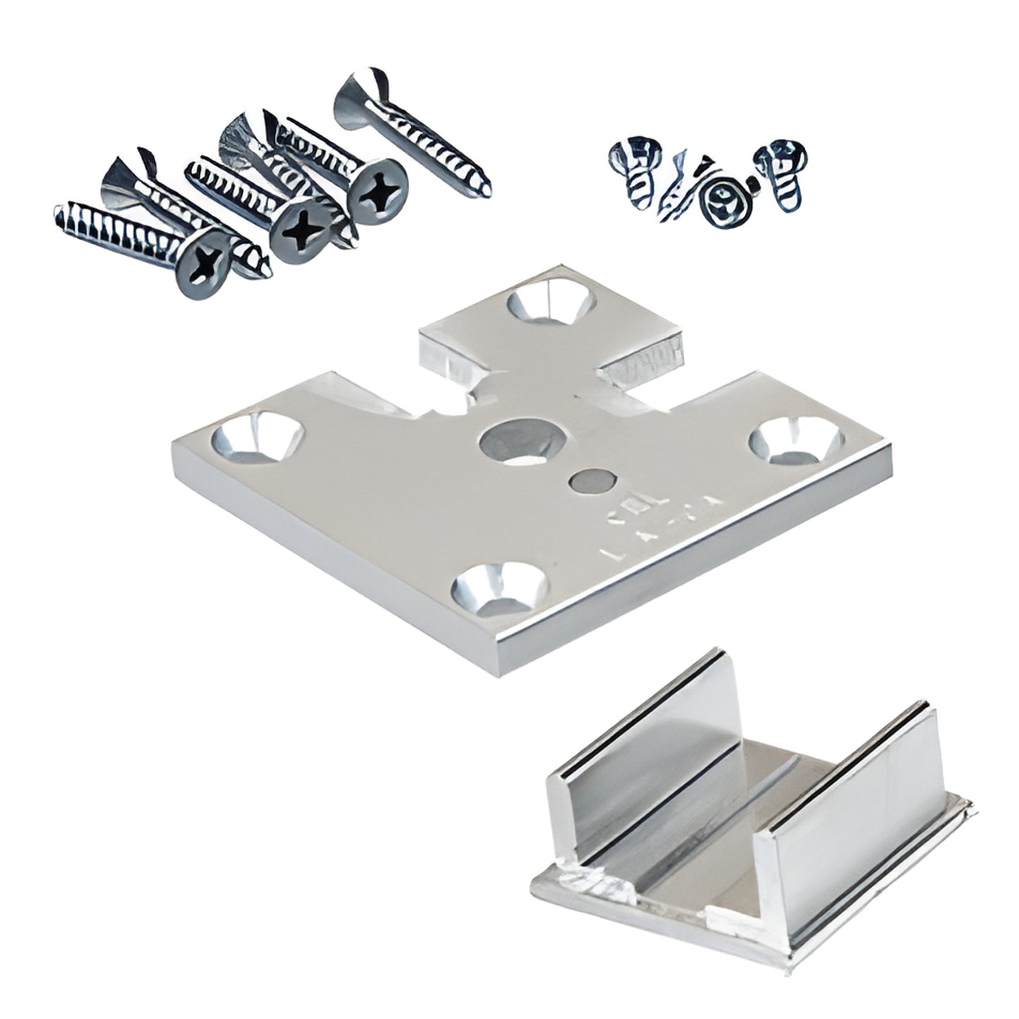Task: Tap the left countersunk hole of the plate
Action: tap(253, 438)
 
